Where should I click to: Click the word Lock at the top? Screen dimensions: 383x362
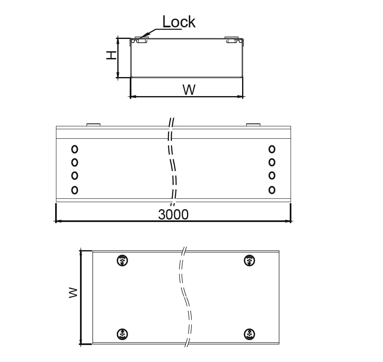(x=179, y=22)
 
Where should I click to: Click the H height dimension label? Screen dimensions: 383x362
(x=112, y=56)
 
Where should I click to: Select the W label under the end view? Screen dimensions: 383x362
(x=189, y=90)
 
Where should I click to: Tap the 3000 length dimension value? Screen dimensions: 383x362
(x=173, y=215)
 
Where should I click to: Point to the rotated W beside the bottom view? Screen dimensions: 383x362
(x=73, y=292)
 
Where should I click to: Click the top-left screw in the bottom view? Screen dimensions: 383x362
(x=122, y=261)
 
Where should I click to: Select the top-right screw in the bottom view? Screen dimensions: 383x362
(x=250, y=261)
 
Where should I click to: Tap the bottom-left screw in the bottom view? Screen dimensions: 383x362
(x=122, y=334)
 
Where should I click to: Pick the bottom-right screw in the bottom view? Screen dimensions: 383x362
(x=250, y=334)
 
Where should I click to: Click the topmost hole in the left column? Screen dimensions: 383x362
(x=75, y=149)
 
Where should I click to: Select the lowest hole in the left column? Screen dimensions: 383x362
(x=75, y=190)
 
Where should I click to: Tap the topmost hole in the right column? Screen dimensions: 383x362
(x=272, y=149)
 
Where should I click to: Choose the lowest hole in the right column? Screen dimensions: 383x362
(x=272, y=190)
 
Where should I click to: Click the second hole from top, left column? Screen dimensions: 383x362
(x=75, y=162)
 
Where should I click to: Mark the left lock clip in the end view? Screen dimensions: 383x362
(x=141, y=40)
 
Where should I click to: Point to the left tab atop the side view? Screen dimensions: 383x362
(x=93, y=125)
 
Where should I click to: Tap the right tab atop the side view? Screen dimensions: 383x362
(x=253, y=125)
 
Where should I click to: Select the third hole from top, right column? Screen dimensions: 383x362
(x=272, y=176)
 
